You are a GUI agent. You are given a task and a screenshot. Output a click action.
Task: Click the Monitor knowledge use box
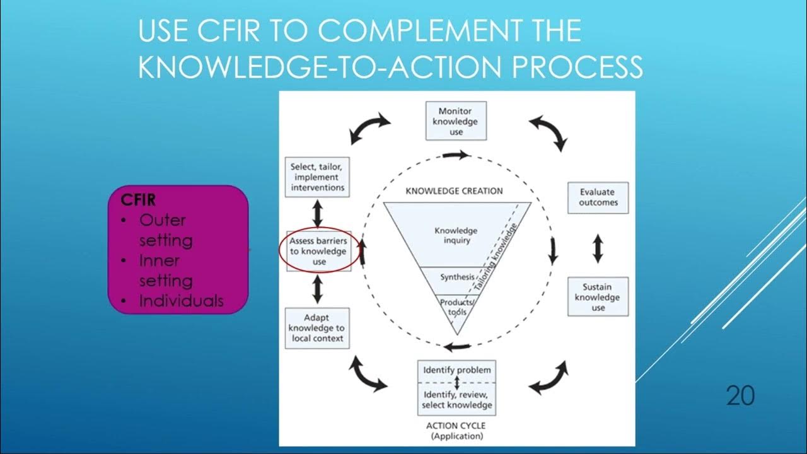point(456,121)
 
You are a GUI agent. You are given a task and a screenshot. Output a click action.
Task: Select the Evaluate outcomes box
point(598,197)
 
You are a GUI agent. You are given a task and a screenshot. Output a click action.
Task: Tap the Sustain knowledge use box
point(598,297)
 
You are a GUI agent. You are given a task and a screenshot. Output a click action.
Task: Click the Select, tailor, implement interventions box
point(317,177)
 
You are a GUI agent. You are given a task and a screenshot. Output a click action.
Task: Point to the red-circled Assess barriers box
point(318,251)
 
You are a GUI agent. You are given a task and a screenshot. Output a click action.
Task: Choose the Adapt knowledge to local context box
point(317,328)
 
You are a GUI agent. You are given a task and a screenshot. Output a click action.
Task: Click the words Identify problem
point(456,370)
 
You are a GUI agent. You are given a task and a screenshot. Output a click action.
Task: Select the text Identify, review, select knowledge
point(456,400)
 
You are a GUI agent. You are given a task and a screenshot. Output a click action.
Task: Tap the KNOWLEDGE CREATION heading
point(454,190)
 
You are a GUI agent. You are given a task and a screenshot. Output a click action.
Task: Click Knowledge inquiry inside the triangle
point(456,235)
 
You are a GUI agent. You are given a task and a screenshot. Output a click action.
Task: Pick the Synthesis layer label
point(457,277)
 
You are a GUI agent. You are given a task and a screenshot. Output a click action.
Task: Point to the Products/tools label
point(457,306)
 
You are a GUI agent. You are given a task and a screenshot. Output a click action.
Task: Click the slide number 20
point(740,396)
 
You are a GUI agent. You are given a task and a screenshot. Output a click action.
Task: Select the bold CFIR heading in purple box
point(138,200)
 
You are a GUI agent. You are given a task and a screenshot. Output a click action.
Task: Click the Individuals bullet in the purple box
point(181,301)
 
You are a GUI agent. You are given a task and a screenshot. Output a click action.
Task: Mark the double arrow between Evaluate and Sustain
point(598,248)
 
